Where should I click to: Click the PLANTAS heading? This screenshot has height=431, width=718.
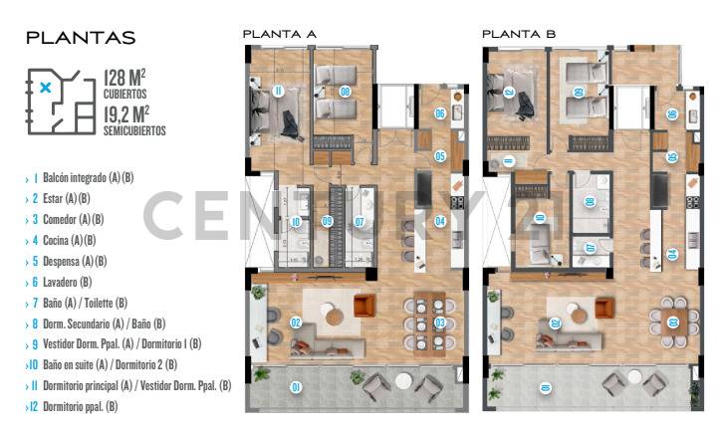80,38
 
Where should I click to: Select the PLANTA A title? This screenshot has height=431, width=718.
280,35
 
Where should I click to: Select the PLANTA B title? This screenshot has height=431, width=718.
519,35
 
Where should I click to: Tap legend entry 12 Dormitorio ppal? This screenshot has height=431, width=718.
73,406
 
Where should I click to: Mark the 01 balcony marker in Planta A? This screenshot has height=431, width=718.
295,386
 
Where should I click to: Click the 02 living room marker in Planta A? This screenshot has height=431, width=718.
296,323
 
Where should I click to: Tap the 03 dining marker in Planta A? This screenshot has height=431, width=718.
440,323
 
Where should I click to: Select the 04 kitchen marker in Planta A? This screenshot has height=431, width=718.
439,221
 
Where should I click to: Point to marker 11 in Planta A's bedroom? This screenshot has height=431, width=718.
278,92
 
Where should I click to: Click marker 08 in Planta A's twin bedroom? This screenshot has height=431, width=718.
345,91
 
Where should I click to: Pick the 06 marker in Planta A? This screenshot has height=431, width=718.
439,113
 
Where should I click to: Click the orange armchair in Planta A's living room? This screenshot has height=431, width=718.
365,305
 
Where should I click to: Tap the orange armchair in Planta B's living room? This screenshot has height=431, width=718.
604,305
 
